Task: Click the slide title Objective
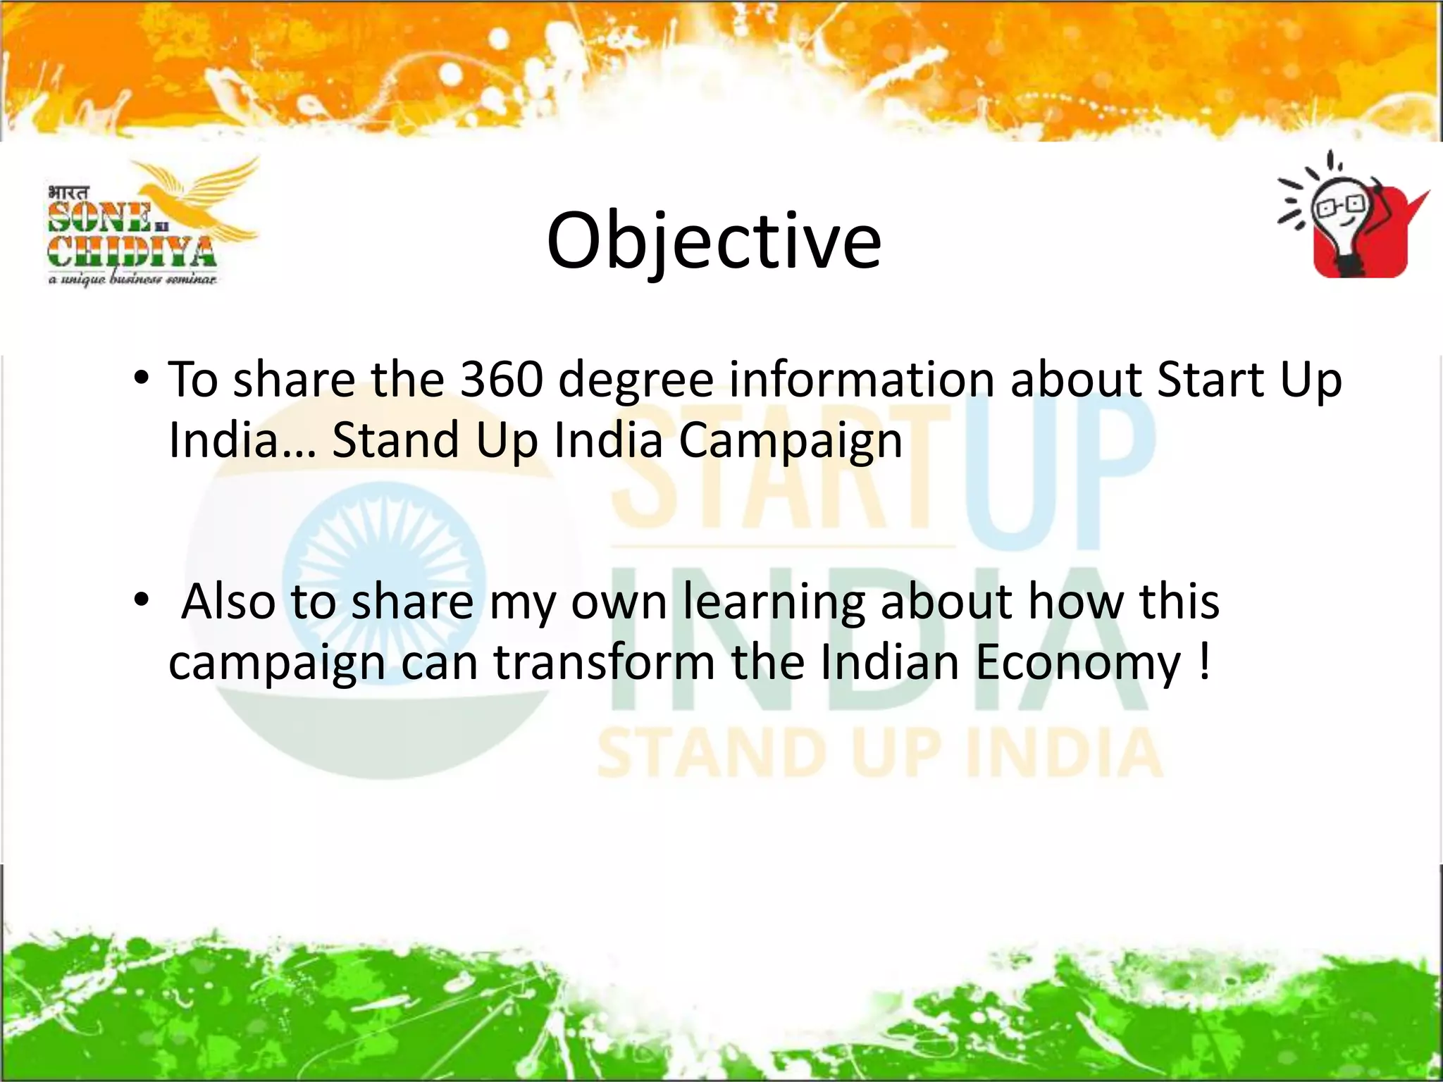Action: click(x=713, y=241)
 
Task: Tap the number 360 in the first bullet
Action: click(x=501, y=380)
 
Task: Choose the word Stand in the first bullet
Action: click(x=395, y=440)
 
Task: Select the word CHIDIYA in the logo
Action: click(x=131, y=252)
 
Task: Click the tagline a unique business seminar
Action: click(x=132, y=280)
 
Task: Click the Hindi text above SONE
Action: click(x=69, y=192)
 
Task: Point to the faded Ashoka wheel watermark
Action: click(x=384, y=571)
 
